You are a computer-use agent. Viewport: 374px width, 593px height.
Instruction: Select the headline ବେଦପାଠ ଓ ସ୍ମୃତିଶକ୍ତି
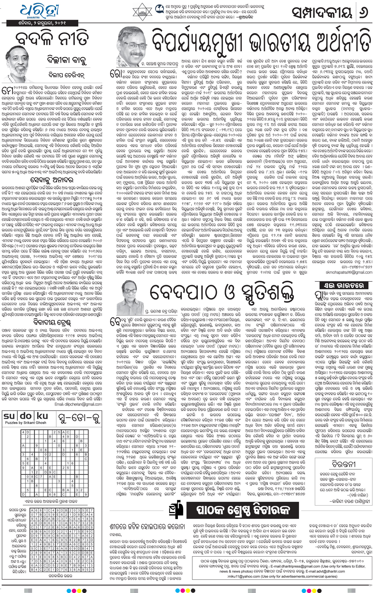click(222, 292)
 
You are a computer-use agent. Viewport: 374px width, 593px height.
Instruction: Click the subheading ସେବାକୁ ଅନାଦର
click(52, 180)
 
